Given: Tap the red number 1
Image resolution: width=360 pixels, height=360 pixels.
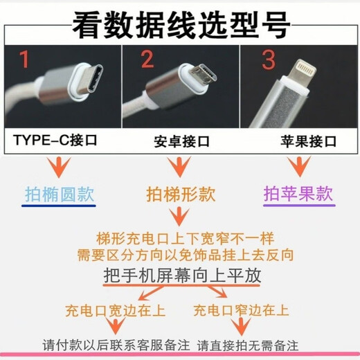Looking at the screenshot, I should pyautogui.click(x=24, y=60).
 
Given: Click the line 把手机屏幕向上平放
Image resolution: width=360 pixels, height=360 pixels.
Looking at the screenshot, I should pyautogui.click(x=182, y=275).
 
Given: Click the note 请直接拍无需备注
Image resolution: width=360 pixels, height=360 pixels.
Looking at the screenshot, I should pyautogui.click(x=258, y=344).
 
